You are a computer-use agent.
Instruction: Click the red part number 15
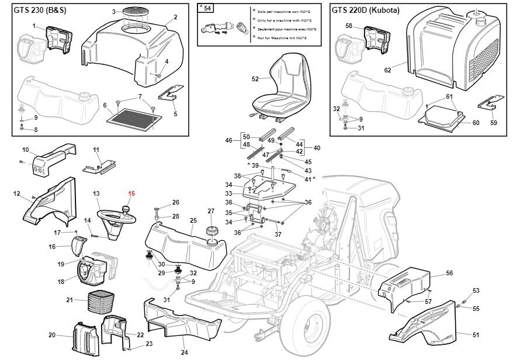[x=132, y=193]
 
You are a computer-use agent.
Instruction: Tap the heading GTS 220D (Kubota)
[x=365, y=10]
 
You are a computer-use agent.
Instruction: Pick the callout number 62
[x=387, y=70]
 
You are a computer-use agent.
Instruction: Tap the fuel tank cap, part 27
[x=211, y=231]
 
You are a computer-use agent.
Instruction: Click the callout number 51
[x=476, y=335]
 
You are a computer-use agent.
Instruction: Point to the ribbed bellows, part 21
[x=98, y=302]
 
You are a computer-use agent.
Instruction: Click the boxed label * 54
[x=205, y=7]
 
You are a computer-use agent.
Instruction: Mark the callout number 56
[x=449, y=273]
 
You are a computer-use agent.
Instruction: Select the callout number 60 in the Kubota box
[x=476, y=123]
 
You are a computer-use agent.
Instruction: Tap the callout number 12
[x=17, y=193]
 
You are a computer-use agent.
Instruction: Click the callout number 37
[x=278, y=234]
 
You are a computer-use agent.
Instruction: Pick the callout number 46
[x=228, y=140]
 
